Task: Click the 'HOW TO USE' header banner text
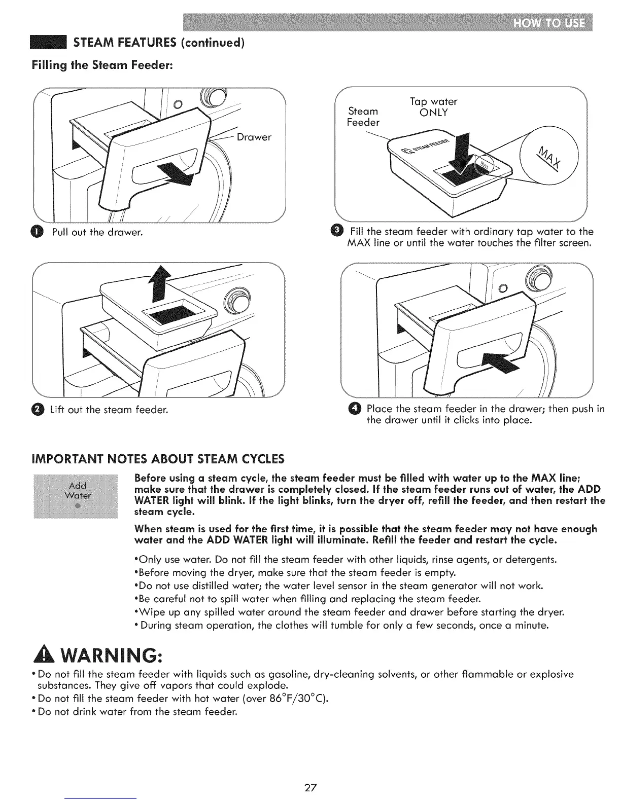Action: click(x=549, y=24)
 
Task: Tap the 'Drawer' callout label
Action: click(x=254, y=137)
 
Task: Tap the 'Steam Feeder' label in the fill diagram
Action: click(x=363, y=117)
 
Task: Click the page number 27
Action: click(x=310, y=787)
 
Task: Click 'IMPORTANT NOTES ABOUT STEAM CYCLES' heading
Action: click(x=158, y=460)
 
